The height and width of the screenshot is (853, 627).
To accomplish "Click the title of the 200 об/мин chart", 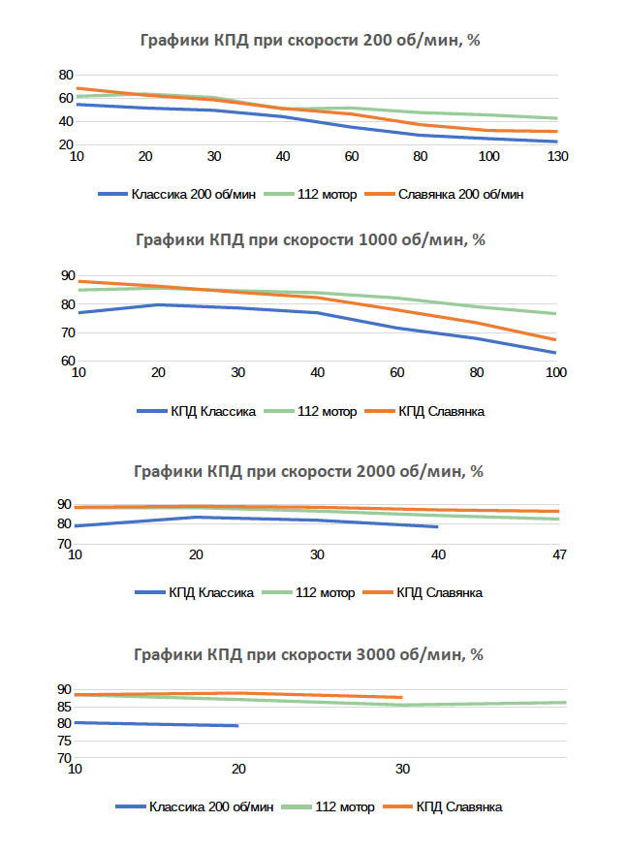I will coord(313,41).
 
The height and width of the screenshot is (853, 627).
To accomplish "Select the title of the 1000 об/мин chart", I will coord(313,240).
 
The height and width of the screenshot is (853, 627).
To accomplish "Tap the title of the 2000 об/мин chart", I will coord(313,471).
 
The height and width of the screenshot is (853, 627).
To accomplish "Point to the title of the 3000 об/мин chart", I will coord(313,654).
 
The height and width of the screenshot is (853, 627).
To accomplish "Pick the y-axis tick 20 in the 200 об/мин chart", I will coord(66,144).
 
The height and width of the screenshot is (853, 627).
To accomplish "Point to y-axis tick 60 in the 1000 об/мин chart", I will coord(66,361).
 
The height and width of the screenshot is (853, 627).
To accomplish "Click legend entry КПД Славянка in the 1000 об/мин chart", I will coord(441,411).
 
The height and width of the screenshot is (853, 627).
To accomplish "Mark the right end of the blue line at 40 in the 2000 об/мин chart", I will coord(437,526).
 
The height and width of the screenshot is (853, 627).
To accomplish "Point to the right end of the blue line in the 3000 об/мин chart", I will coord(237,725).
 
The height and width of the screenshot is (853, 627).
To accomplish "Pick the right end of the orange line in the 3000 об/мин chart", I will coord(401,697).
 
